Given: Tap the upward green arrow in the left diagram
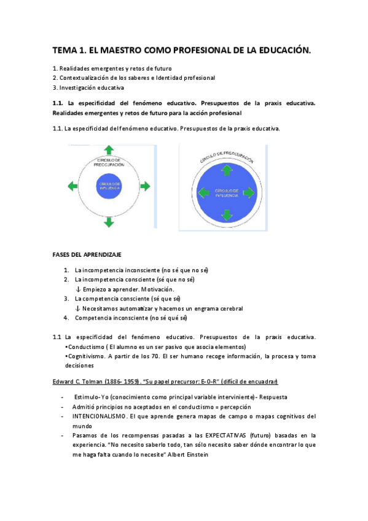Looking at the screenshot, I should [109, 150].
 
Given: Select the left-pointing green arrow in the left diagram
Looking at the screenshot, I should [71, 186].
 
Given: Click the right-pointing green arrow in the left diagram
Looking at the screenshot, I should [145, 186].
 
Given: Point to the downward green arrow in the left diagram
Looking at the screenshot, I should [109, 222].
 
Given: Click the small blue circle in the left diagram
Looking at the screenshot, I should [109, 186].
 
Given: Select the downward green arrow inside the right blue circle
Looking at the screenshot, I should [225, 214].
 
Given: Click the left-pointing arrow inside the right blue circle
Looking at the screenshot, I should [203, 192].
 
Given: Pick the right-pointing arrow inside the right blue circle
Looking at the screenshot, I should [249, 192].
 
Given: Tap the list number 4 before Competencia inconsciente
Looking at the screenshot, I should [66, 318].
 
